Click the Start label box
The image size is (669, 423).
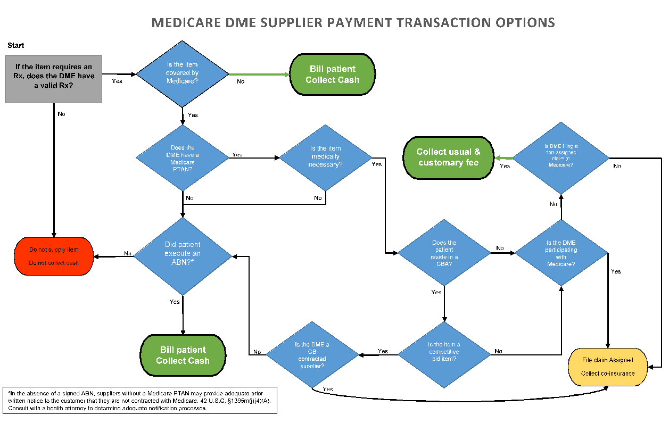pyautogui.click(x=16, y=46)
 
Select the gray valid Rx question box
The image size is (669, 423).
pyautogui.click(x=54, y=79)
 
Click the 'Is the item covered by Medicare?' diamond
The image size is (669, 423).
pyautogui.click(x=182, y=73)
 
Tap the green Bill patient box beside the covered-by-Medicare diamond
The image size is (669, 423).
pyautogui.click(x=333, y=74)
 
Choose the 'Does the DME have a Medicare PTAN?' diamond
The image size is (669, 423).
pyautogui.click(x=182, y=158)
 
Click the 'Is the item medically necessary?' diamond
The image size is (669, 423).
pyautogui.click(x=325, y=157)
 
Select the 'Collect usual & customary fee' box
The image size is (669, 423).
pyautogui.click(x=448, y=157)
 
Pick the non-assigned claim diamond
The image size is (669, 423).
pyautogui.click(x=561, y=158)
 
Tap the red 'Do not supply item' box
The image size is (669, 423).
pyautogui.click(x=54, y=256)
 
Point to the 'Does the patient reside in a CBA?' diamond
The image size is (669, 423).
pyautogui.click(x=444, y=253)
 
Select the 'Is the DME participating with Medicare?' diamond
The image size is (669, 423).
pyautogui.click(x=561, y=254)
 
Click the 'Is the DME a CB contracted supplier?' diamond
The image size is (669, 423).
pyautogui.click(x=312, y=355)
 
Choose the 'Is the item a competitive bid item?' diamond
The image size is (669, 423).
pyautogui.click(x=444, y=352)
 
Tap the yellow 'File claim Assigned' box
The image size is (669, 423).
pyautogui.click(x=608, y=367)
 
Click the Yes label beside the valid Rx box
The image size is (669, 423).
pyautogui.click(x=117, y=81)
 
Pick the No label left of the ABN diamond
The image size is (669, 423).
pyautogui.click(x=128, y=253)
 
